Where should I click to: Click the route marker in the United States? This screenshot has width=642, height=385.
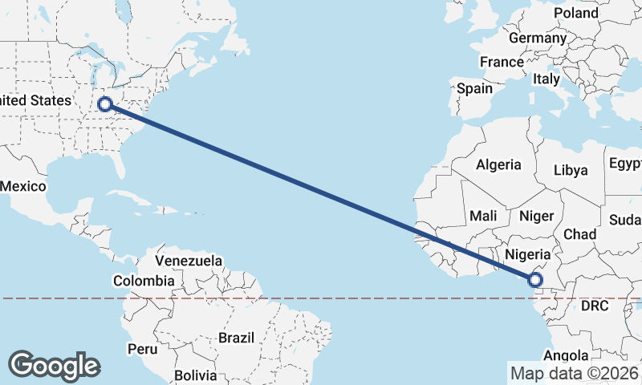(104, 103)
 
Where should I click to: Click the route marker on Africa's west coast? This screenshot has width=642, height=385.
(534, 280)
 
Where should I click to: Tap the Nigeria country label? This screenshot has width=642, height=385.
(526, 254)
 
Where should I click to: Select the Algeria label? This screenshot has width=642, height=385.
(498, 165)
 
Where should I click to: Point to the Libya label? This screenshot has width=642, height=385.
(571, 170)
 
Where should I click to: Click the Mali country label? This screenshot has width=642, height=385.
(483, 215)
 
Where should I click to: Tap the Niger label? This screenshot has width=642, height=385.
(537, 215)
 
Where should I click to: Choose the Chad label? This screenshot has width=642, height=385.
(579, 234)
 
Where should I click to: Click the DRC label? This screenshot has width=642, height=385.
(595, 306)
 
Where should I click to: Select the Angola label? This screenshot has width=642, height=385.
(567, 355)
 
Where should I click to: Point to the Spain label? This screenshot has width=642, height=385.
(474, 89)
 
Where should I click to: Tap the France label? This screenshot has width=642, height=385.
(502, 62)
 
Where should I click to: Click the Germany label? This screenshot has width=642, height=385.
(538, 38)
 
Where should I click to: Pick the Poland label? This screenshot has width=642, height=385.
(576, 14)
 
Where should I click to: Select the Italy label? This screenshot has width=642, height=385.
(547, 79)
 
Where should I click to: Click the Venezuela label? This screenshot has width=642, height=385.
(189, 261)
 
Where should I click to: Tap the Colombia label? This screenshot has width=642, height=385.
(143, 281)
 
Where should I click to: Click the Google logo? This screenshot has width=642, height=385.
(54, 365)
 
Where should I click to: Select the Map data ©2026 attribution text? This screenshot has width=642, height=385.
(574, 373)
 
